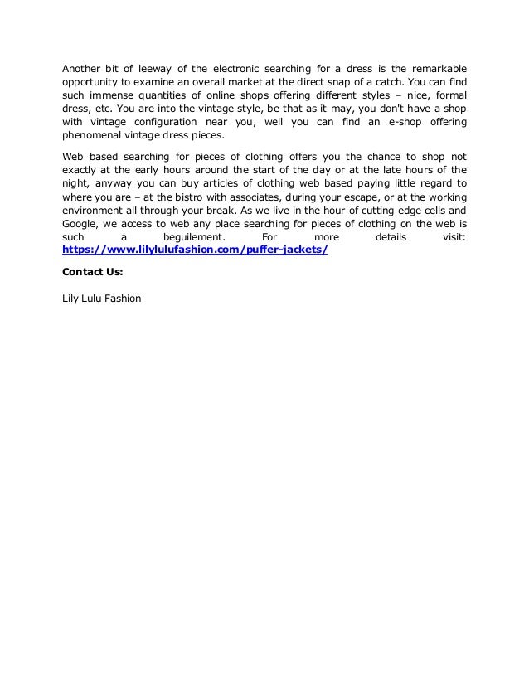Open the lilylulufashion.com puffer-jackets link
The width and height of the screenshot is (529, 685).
[x=196, y=250]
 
